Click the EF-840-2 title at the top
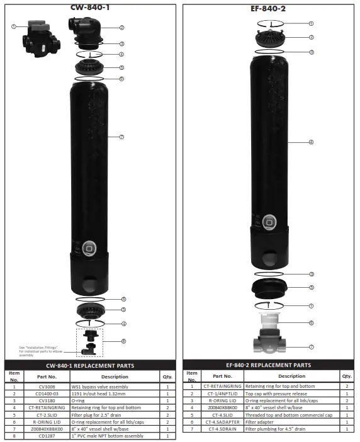tap(269, 9)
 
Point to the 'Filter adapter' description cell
tap(260, 422)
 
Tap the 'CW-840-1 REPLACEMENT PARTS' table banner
tap(90, 365)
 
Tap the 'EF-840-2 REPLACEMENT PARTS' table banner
tap(268, 365)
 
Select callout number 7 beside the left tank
tap(121, 137)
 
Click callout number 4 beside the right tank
tap(311, 142)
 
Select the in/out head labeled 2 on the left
tap(85, 28)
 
